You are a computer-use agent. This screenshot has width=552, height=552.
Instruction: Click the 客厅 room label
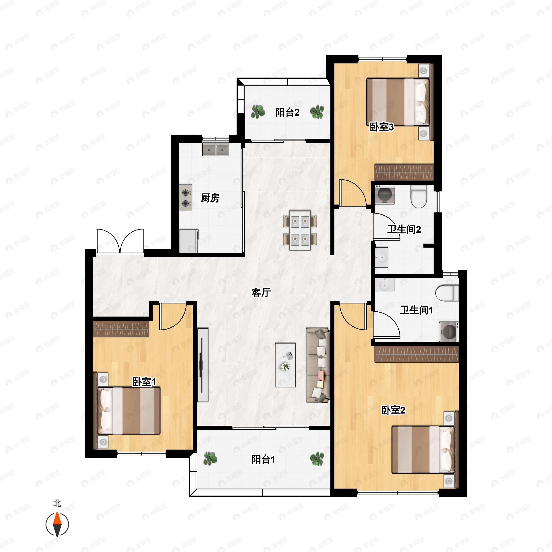(261, 293)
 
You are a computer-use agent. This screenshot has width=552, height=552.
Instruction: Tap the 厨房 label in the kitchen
(210, 198)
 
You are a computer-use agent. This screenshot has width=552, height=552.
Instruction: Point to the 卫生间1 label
(416, 310)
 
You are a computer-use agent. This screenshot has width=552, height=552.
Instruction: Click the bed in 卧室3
(398, 102)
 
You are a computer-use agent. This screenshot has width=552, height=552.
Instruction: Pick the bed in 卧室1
(129, 411)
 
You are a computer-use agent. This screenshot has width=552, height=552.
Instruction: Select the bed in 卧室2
(423, 449)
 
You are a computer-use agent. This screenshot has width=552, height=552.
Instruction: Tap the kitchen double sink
(216, 149)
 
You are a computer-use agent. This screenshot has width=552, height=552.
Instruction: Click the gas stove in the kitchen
(186, 198)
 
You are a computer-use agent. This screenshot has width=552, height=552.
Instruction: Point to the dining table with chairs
(300, 230)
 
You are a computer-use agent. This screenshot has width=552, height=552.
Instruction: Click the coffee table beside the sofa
(285, 365)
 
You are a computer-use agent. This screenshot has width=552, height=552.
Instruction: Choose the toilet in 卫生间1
(447, 293)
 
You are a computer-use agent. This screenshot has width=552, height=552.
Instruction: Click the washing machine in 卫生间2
(385, 195)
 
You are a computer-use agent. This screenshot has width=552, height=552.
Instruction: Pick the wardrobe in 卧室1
(121, 329)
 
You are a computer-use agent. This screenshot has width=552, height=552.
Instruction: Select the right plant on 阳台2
(317, 112)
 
